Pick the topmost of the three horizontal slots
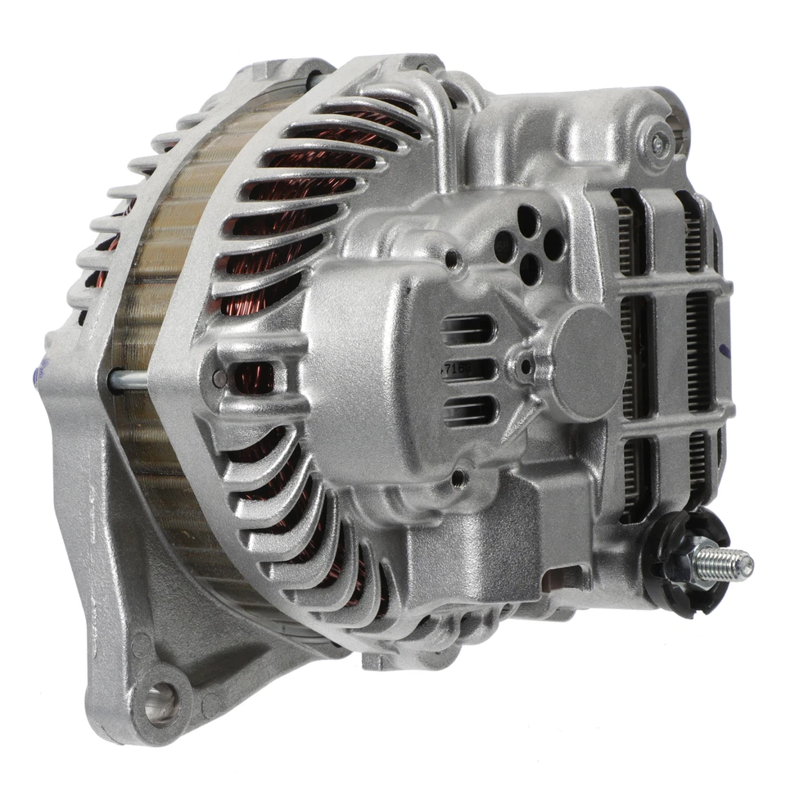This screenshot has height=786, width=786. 468,331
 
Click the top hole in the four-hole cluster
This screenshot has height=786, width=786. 528,219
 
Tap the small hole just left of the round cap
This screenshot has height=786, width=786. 525,367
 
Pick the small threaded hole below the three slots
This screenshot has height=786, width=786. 458,476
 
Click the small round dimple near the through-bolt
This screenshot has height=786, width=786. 219,378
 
